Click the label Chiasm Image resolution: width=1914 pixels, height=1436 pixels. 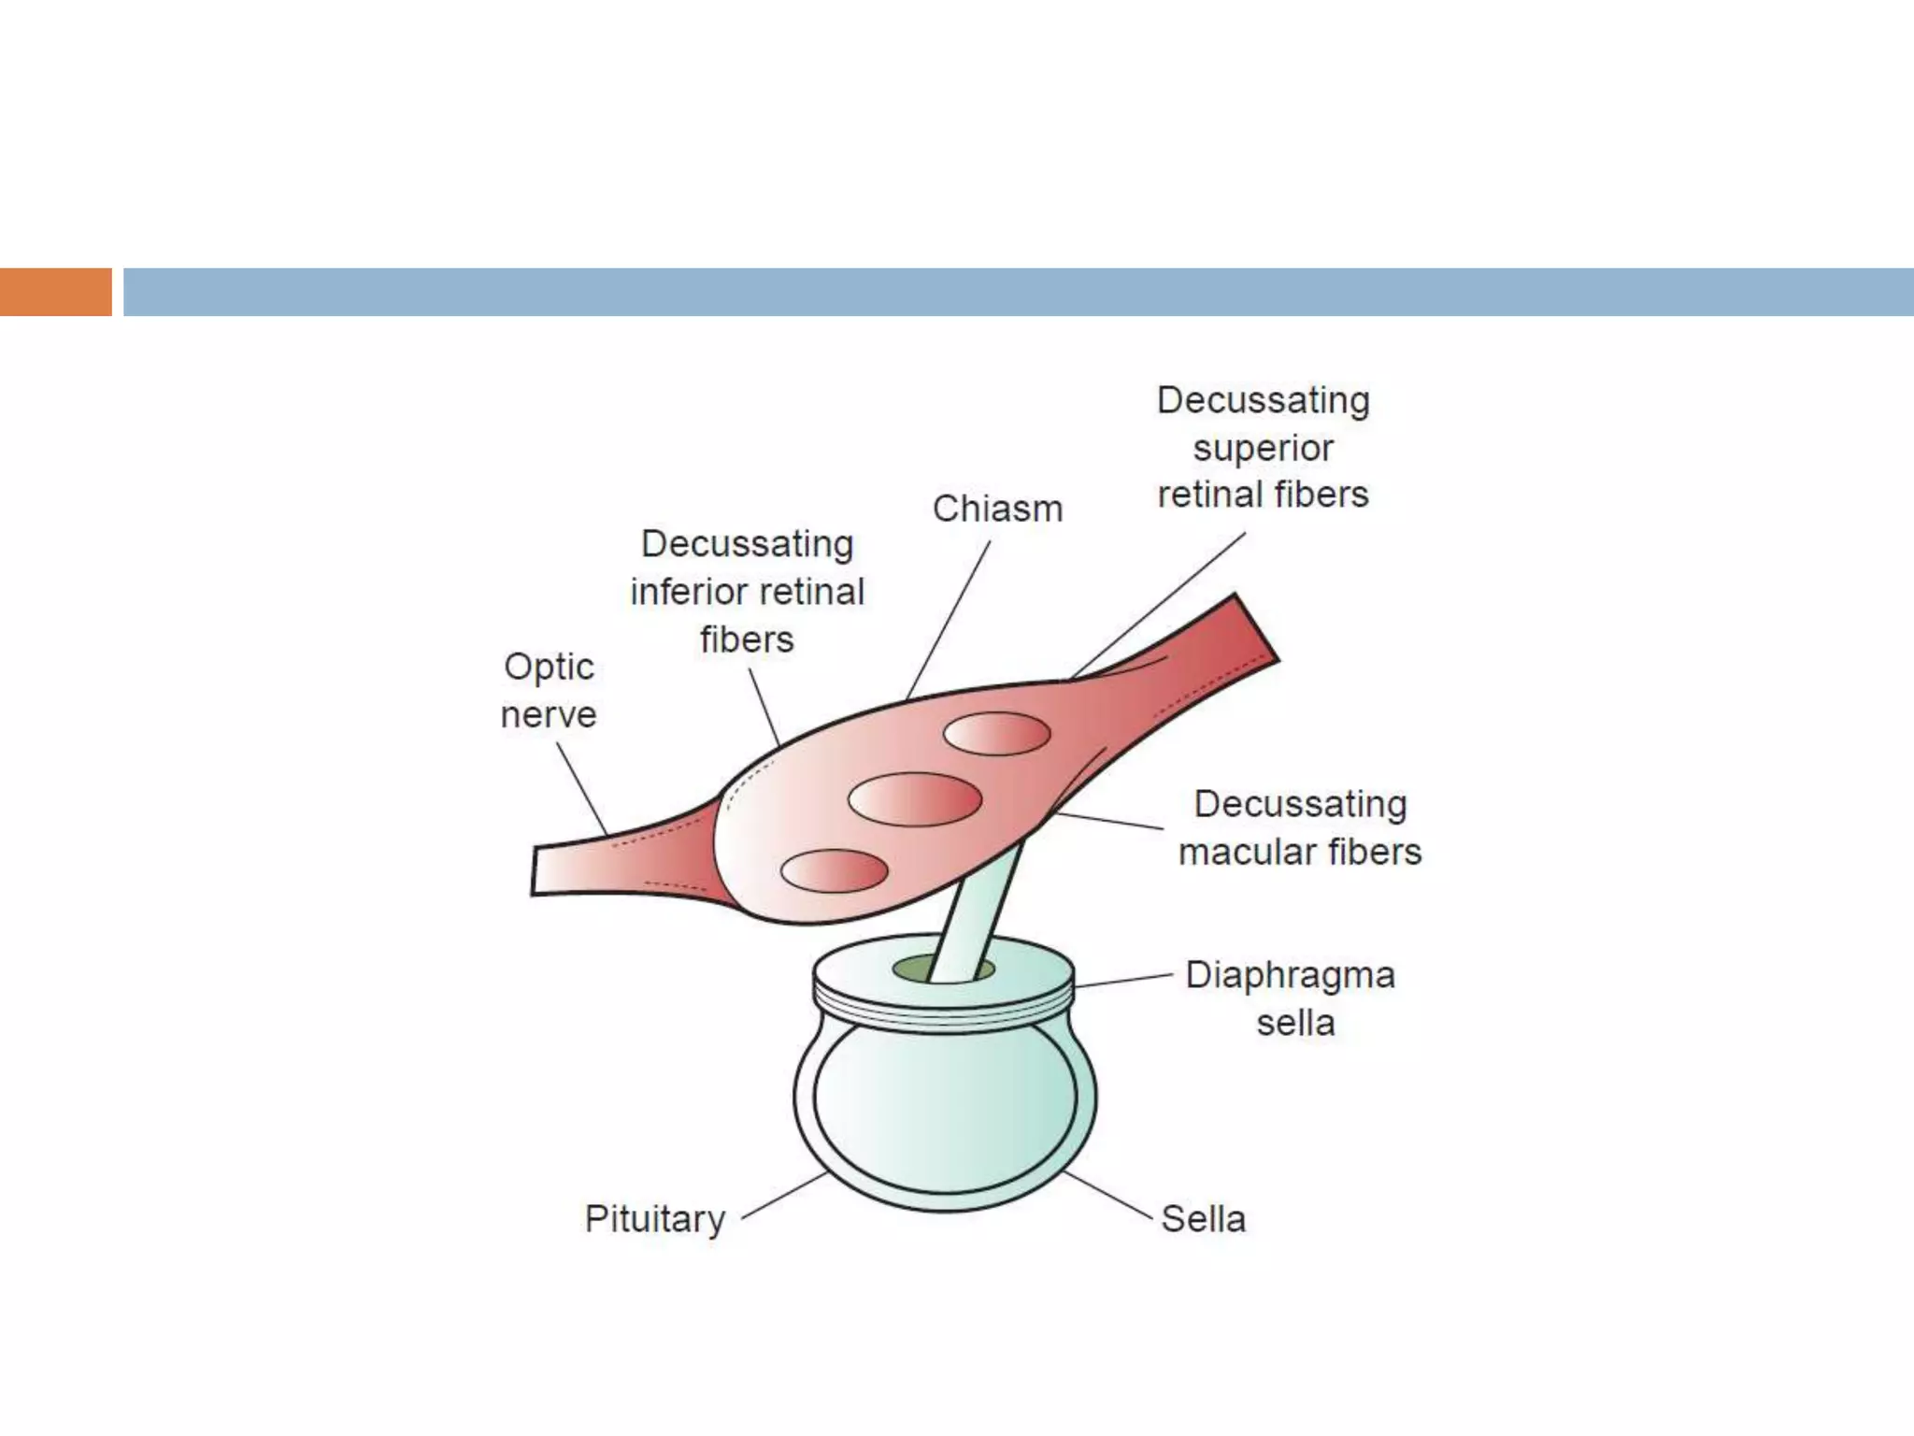click(x=997, y=510)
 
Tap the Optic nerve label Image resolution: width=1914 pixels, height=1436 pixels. click(x=549, y=690)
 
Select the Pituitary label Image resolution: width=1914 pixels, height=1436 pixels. click(x=655, y=1219)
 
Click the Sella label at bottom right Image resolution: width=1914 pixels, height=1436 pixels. click(x=1203, y=1219)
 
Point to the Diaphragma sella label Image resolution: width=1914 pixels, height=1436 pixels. click(x=1291, y=998)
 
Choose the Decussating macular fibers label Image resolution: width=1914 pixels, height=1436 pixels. click(x=1299, y=827)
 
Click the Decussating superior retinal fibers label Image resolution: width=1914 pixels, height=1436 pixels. click(x=1263, y=447)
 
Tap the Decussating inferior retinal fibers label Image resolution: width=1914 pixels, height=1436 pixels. click(x=747, y=591)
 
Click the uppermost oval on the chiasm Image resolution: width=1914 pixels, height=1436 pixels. click(x=996, y=733)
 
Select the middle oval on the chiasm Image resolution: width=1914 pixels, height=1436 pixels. click(x=915, y=799)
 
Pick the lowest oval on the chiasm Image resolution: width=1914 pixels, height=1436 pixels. click(x=834, y=870)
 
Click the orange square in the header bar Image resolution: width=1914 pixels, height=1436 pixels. click(x=55, y=292)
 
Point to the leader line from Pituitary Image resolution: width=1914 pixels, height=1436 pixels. click(x=783, y=1197)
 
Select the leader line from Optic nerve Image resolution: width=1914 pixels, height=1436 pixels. click(x=581, y=789)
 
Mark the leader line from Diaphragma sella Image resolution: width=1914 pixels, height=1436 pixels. click(x=1121, y=981)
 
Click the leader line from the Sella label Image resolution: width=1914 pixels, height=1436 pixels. click(x=1107, y=1196)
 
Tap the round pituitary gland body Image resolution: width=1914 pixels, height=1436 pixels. click(x=944, y=1103)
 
